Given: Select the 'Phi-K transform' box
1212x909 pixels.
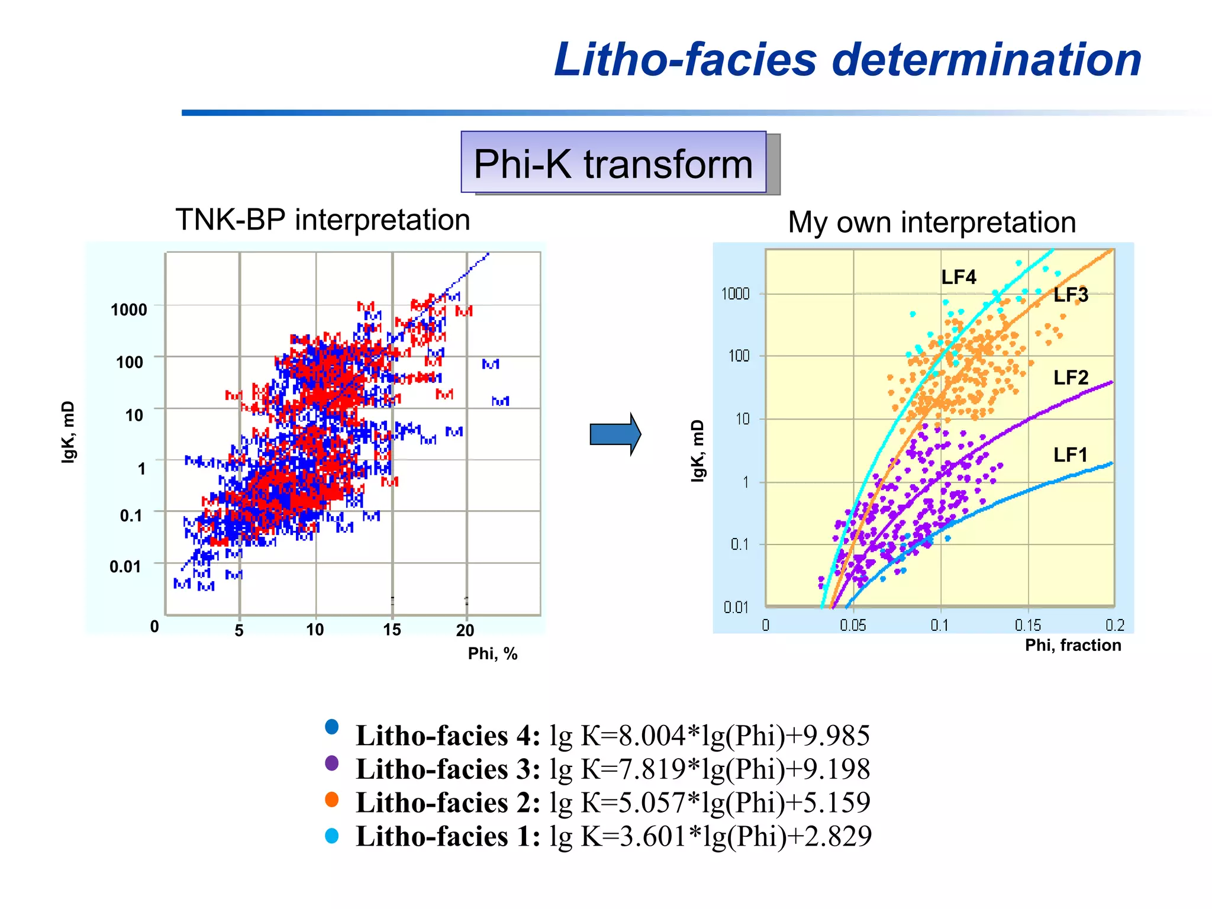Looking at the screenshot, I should click(x=613, y=163).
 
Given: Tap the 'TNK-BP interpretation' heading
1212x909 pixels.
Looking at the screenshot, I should click(x=323, y=220).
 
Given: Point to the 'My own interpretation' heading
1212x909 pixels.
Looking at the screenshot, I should click(x=931, y=223).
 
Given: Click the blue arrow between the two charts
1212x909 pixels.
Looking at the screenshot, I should click(x=615, y=434).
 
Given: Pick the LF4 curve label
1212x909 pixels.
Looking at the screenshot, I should click(x=958, y=277).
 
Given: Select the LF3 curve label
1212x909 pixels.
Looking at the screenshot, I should click(x=1070, y=295).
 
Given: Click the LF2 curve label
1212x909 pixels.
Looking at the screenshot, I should click(x=1071, y=378).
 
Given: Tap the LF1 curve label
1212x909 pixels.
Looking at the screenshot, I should click(x=1070, y=454).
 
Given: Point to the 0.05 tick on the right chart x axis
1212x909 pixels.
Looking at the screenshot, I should click(x=853, y=626).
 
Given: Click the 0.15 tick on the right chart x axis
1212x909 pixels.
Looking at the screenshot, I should click(x=1028, y=626).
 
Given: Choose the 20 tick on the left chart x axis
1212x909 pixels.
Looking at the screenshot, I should click(x=465, y=630).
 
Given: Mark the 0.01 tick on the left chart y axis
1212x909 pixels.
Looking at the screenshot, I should click(x=125, y=567).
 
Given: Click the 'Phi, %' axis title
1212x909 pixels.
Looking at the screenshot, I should click(x=492, y=654).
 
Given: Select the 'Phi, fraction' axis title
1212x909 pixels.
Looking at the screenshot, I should click(x=1073, y=645).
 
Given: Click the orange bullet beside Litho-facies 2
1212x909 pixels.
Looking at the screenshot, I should click(x=332, y=800).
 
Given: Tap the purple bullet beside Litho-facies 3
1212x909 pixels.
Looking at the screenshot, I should click(x=332, y=763).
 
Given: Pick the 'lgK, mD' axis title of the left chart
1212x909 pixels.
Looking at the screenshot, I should click(x=69, y=432).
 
